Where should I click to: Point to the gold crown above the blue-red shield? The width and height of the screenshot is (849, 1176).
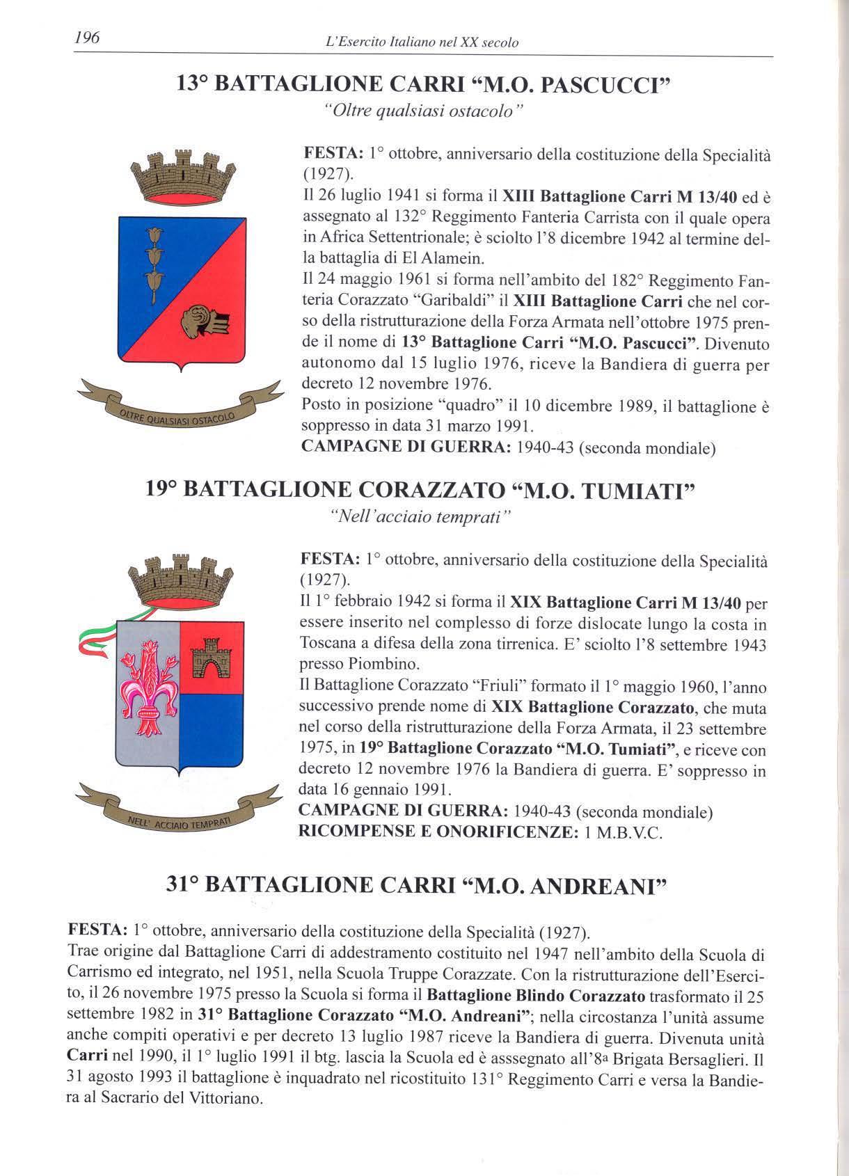tap(183, 176)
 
